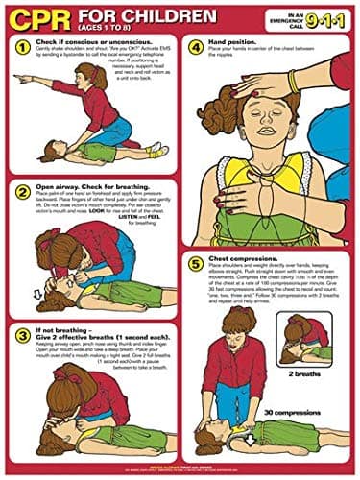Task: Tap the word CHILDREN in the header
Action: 160,16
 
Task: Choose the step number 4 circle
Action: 195,46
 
